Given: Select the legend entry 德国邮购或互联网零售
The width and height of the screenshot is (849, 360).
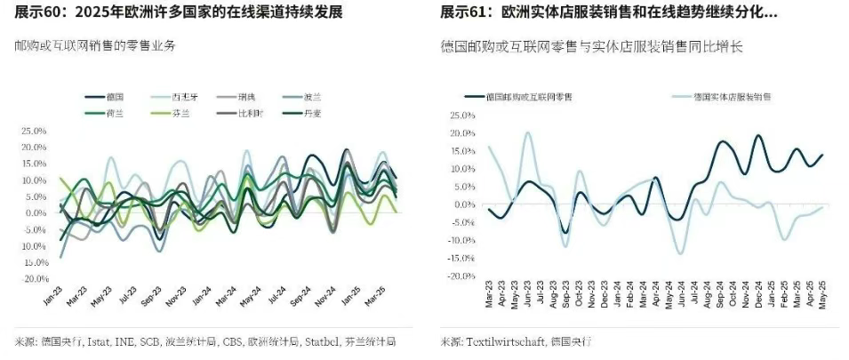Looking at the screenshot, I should pos(525,96).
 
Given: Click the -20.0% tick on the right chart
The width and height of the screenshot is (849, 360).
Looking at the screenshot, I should pos(463,276).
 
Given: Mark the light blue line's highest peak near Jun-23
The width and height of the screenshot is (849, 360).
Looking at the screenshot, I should pos(528,133).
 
